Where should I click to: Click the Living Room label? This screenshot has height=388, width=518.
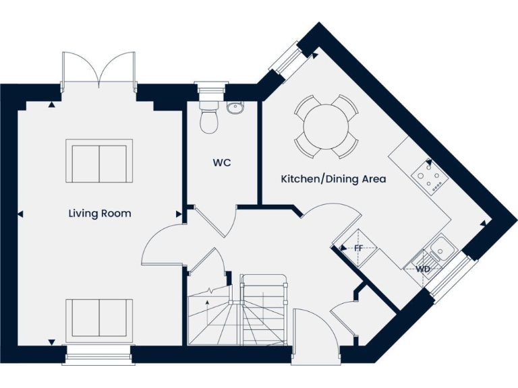click(x=100, y=214)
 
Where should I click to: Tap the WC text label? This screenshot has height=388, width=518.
click(x=222, y=162)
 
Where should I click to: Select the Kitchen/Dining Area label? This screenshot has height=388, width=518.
click(x=333, y=179)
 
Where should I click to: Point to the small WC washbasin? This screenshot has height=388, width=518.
click(x=235, y=108)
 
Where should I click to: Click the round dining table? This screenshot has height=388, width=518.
click(x=326, y=127)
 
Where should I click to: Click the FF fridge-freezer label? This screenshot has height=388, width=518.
click(x=358, y=248)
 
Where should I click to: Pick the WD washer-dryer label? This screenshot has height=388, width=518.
click(x=423, y=269)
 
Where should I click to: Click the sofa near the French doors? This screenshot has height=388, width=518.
click(x=99, y=160)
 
